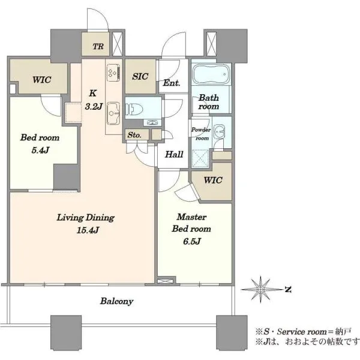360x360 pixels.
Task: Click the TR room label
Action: pyautogui.click(x=98, y=47)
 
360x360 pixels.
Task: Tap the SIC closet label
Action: pyautogui.click(x=140, y=76)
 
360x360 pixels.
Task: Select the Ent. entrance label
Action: pyautogui.click(x=172, y=83)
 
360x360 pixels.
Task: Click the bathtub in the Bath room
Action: pyautogui.click(x=211, y=74)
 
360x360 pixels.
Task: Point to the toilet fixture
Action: pyautogui.click(x=134, y=109)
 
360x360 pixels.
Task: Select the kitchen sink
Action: pyautogui.click(x=113, y=113)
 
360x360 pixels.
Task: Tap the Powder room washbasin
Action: pyautogui.click(x=219, y=132)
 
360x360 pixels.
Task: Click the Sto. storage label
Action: pyautogui.click(x=134, y=135)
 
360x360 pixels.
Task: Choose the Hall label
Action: pyautogui.click(x=174, y=154)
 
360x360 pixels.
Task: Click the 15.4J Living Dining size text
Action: pyautogui.click(x=88, y=230)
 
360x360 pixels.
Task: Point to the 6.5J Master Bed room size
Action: pyautogui.click(x=192, y=241)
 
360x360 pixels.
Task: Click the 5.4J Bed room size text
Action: pyautogui.click(x=40, y=151)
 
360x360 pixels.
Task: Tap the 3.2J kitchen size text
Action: pyautogui.click(x=94, y=107)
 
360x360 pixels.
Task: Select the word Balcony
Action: pyautogui.click(x=116, y=301)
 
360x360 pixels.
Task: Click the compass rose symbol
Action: pyautogui.click(x=260, y=290)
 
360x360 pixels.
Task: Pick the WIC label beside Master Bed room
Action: pyautogui.click(x=213, y=180)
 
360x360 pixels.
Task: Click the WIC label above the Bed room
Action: pyautogui.click(x=41, y=80)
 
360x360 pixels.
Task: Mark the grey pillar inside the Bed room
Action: pyautogui.click(x=67, y=176)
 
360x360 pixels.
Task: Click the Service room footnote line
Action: pyautogui.click(x=303, y=332)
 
